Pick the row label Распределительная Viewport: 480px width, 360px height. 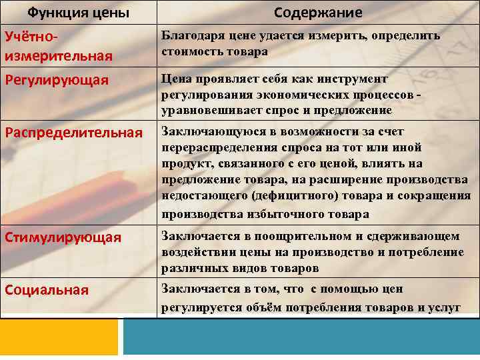pyautogui.click(x=73, y=132)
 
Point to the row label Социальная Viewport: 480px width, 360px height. pyautogui.click(x=46, y=289)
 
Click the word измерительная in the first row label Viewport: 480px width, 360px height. pyautogui.click(x=58, y=55)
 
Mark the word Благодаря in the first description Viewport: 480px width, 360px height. pyautogui.click(x=189, y=36)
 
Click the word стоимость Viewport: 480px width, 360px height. pyautogui.click(x=189, y=51)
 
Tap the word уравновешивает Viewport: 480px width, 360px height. pyautogui.click(x=204, y=110)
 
